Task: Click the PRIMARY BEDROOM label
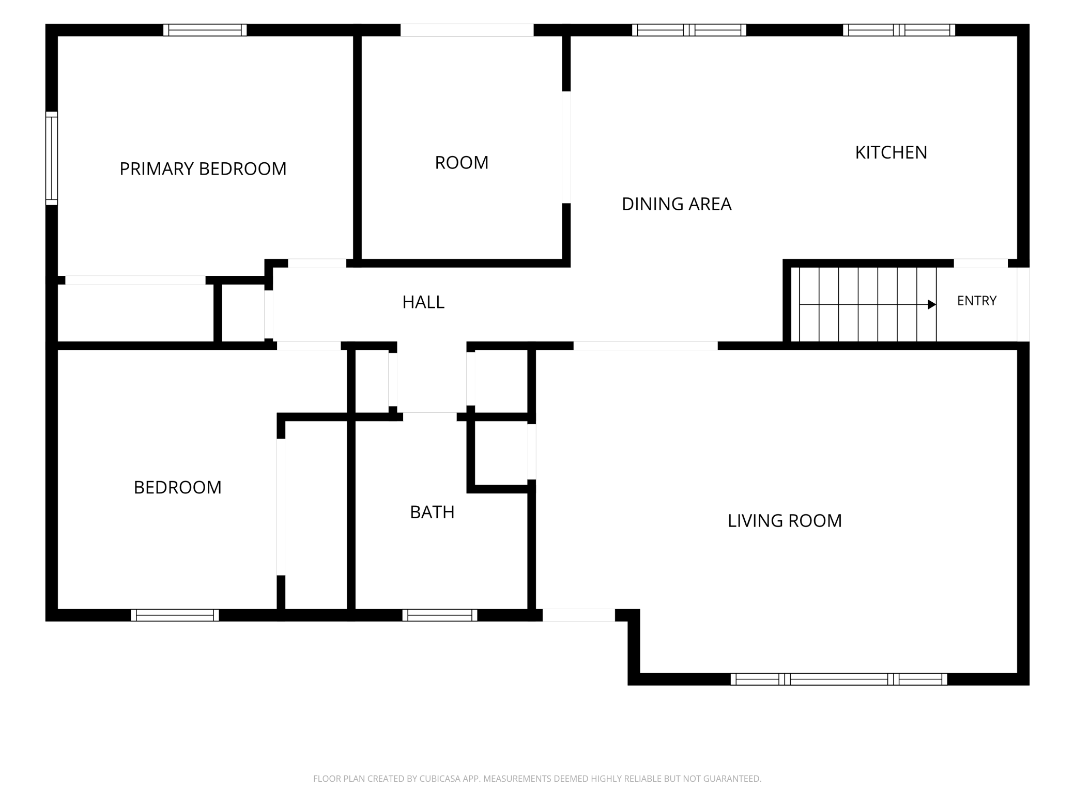(x=203, y=169)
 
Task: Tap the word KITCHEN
(x=891, y=152)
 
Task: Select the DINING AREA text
(x=677, y=204)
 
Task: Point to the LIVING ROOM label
(x=785, y=521)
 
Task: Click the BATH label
(x=432, y=512)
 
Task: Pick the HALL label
(x=423, y=302)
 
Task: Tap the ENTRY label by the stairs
(x=977, y=301)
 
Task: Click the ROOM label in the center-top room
(x=462, y=163)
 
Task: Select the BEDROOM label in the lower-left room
(x=177, y=487)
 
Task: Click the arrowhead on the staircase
(x=932, y=304)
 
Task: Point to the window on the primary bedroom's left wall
(x=52, y=158)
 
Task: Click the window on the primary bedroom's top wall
(x=205, y=30)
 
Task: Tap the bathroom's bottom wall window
(x=440, y=615)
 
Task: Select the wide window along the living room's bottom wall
(x=839, y=679)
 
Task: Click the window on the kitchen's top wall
(x=899, y=30)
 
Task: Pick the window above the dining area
(x=689, y=30)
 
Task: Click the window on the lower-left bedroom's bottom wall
(x=175, y=615)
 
